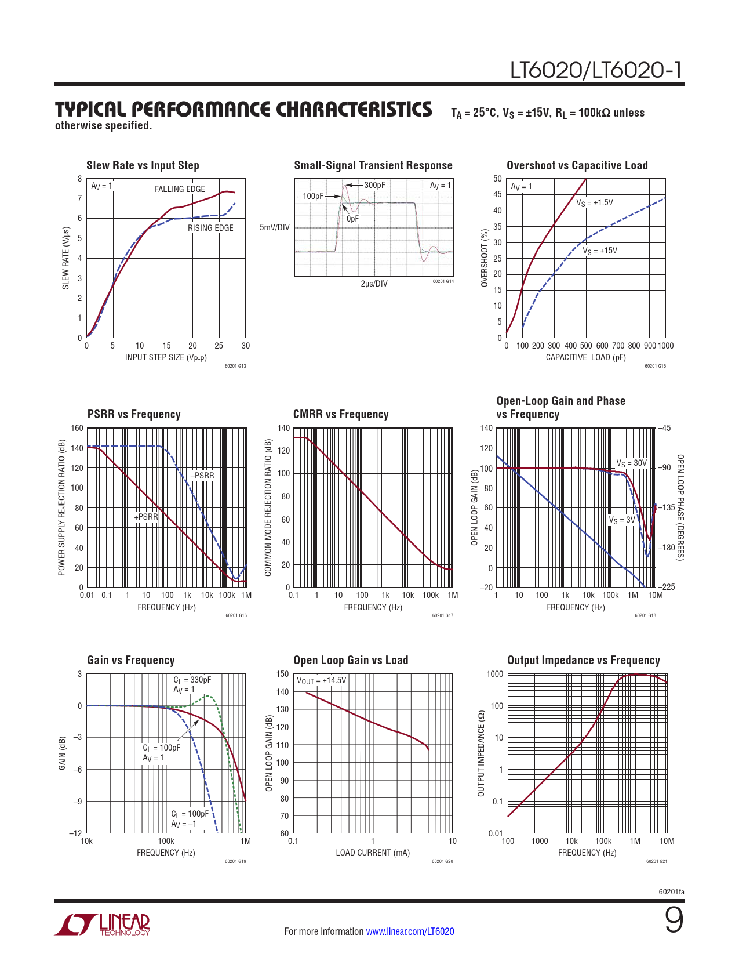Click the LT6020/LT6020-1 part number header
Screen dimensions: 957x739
pos(596,70)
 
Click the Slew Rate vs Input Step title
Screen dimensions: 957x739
pos(143,165)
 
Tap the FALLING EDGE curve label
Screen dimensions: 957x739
pos(180,189)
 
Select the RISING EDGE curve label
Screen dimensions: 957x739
pos(210,228)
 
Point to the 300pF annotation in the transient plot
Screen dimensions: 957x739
pos(374,185)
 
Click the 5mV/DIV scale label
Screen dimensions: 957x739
pos(275,227)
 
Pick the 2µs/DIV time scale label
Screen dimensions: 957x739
pos(374,284)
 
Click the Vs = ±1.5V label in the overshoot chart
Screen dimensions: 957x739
pos(594,203)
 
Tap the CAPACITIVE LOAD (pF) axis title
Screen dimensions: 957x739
pos(585,357)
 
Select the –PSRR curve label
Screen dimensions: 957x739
pos(202,476)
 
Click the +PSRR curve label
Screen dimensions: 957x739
pos(145,517)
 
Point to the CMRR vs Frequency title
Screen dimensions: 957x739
pos(341,414)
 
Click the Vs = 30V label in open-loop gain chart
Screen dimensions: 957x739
pos(631,463)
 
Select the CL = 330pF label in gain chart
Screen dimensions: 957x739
pos(192,680)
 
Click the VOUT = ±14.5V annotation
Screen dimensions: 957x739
pos(322,680)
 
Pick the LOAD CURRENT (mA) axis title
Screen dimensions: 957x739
pos(373,853)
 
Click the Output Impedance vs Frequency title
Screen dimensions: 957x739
pos(584,660)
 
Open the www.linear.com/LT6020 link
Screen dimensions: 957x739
pos(410,931)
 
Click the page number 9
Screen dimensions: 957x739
pos(674,920)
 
